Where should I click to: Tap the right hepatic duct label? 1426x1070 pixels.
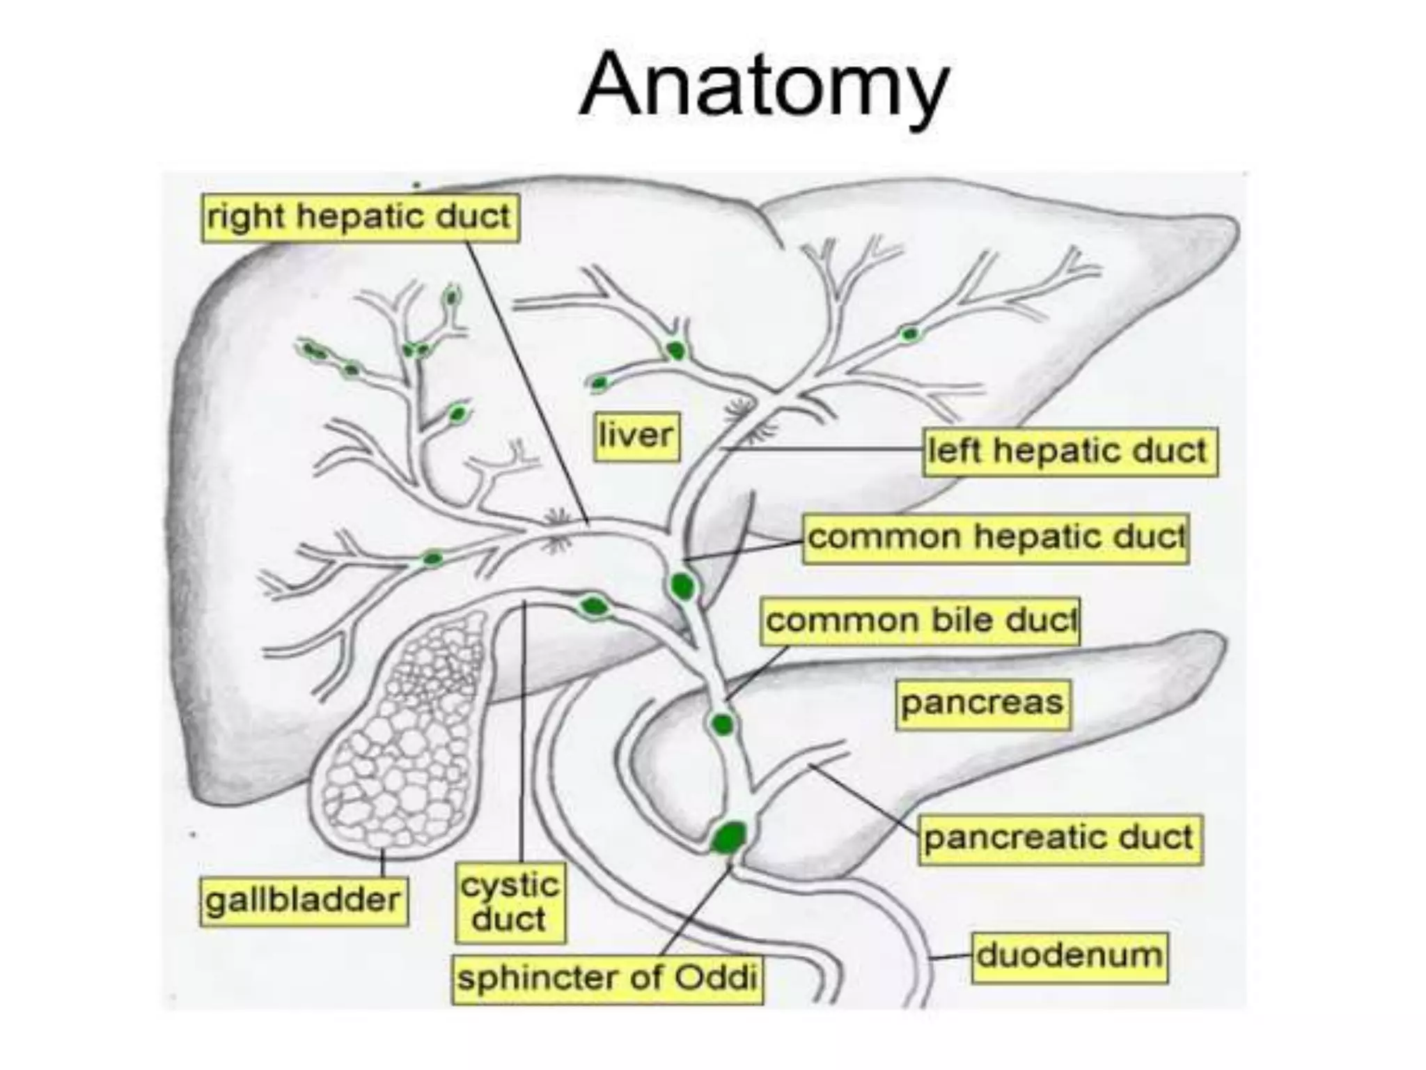[x=360, y=218]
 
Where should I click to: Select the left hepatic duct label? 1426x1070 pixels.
[x=1069, y=452]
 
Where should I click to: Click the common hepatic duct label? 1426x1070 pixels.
[x=996, y=538]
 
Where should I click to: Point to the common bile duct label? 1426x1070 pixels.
[x=920, y=621]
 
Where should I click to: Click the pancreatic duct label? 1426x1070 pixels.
[x=1060, y=839]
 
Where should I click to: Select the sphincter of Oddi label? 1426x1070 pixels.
[x=607, y=979]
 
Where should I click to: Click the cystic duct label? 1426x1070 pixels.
[x=510, y=903]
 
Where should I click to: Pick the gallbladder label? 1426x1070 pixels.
[x=304, y=901]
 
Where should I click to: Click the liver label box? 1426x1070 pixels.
[x=636, y=436]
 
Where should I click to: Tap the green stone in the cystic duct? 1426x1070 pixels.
[x=594, y=607]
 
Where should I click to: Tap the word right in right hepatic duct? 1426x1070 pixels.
[x=246, y=218]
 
